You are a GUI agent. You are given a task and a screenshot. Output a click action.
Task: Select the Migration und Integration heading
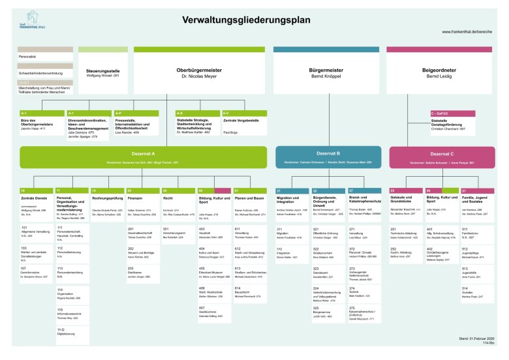tap(290, 200)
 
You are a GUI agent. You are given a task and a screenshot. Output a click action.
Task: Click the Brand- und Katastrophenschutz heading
tap(364, 200)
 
